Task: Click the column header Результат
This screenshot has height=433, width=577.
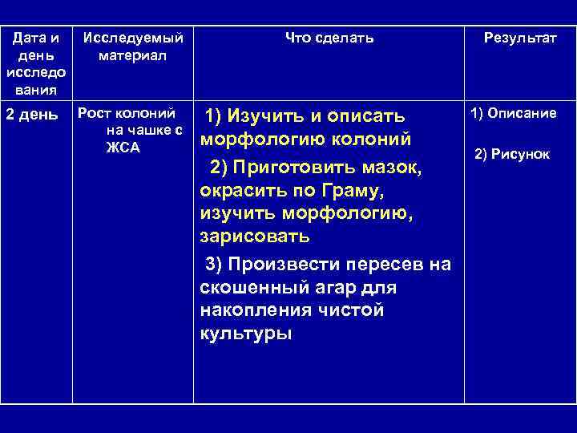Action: pyautogui.click(x=519, y=38)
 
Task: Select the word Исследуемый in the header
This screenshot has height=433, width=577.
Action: pyautogui.click(x=132, y=38)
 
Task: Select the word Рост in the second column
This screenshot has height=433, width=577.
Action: pyautogui.click(x=94, y=113)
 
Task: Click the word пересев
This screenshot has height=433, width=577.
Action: pyautogui.click(x=390, y=265)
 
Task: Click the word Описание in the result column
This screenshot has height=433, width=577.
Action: pyautogui.click(x=524, y=113)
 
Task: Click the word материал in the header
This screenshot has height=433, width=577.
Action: pyautogui.click(x=132, y=56)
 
